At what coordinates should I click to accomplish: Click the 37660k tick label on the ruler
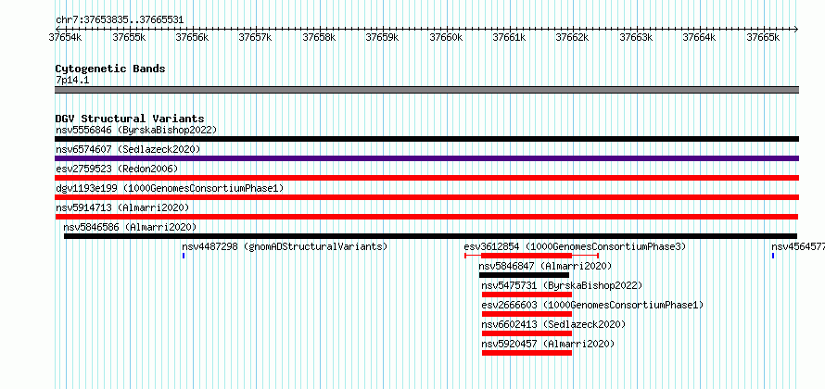446,37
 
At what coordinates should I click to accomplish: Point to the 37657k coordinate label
255,37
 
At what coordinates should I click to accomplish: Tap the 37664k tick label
699,37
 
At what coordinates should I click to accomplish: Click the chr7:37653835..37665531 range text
120,20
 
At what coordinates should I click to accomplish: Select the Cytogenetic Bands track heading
110,69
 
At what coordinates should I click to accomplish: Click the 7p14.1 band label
72,80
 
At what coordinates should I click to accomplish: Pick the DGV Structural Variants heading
130,119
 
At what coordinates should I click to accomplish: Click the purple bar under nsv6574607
426,158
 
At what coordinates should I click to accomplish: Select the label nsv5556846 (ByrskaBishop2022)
136,130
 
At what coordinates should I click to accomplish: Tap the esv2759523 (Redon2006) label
117,169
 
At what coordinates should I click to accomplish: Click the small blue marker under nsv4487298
184,256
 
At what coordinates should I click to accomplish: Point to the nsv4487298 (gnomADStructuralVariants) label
285,246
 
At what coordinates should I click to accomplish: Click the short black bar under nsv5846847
524,275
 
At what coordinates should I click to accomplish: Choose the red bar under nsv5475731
527,295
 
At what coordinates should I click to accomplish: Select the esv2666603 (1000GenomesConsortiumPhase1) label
592,305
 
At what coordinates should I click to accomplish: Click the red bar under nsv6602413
527,333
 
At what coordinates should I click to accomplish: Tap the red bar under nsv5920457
527,353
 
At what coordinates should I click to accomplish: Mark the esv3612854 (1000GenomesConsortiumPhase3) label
575,246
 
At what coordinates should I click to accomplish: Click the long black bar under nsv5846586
430,236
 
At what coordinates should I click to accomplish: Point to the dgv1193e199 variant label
86,188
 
